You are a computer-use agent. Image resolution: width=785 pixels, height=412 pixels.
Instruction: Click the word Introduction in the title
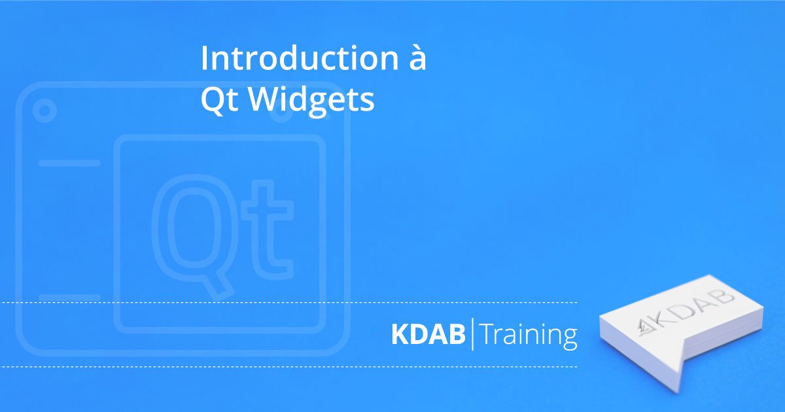[x=300, y=58]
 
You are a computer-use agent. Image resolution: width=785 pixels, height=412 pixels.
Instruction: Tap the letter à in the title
[x=418, y=58]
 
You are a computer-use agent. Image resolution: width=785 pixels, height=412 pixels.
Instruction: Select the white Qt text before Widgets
[x=219, y=100]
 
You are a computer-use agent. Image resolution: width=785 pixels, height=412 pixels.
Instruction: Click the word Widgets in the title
[x=311, y=101]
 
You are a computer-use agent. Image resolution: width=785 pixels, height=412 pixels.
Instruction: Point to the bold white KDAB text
[x=428, y=334]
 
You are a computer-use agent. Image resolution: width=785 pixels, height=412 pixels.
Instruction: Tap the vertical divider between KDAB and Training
[x=472, y=334]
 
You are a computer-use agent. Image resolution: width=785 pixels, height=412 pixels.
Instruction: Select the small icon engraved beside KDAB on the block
[x=644, y=327]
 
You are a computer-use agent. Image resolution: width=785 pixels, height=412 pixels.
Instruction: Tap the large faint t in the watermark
[x=268, y=230]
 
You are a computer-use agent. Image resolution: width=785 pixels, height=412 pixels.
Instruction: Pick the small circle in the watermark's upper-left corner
[x=44, y=111]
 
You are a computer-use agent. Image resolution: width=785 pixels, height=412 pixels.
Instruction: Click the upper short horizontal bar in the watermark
[x=69, y=163]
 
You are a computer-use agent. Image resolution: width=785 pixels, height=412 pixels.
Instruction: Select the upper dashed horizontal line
[x=288, y=302]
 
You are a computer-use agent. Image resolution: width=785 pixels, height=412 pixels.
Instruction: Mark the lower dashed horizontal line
[x=288, y=367]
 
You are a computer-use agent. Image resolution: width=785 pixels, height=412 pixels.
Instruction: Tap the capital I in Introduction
[x=203, y=58]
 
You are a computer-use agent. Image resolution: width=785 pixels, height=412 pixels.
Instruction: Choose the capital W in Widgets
[x=266, y=100]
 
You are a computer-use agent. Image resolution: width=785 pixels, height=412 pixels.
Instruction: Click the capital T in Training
[x=488, y=334]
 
